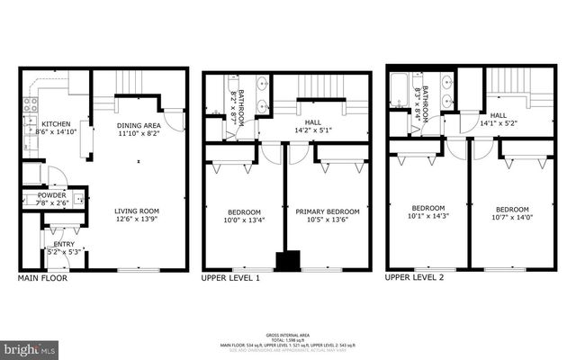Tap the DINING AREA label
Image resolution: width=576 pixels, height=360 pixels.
pos(139,125)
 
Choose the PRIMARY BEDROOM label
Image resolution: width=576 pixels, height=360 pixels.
pos(328,212)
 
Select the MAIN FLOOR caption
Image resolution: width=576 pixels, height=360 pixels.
pos(42,278)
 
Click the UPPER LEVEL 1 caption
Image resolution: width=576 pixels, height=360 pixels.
pos(231,278)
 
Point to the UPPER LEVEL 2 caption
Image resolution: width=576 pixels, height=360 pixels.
pos(414,277)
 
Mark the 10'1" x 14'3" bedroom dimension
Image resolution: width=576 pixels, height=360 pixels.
pos(428,216)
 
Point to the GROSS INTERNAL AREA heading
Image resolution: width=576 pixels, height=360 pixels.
pos(287,333)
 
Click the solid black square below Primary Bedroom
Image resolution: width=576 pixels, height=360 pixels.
pos(288,261)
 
